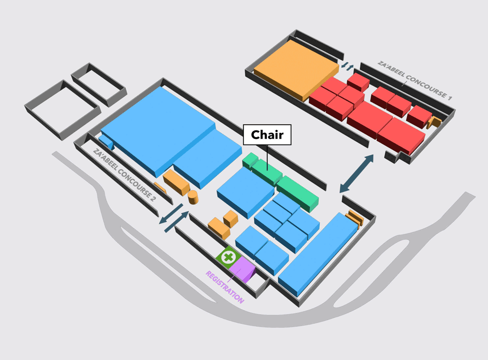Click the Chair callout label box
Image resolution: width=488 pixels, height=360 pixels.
click(x=267, y=134)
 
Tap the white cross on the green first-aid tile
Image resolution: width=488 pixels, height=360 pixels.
click(x=229, y=257)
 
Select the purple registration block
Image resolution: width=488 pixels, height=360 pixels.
click(x=242, y=270)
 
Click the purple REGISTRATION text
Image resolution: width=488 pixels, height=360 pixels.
click(x=224, y=287)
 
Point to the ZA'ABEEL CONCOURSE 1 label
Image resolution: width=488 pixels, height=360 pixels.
click(x=414, y=80)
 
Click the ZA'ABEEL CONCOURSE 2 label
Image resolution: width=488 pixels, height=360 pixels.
click(x=124, y=175)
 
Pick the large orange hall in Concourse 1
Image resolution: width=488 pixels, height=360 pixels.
click(x=296, y=70)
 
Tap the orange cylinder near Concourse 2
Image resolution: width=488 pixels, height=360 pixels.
click(x=193, y=197)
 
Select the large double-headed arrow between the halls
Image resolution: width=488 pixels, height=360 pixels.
click(x=356, y=173)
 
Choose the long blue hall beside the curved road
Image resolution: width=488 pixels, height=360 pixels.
click(x=318, y=254)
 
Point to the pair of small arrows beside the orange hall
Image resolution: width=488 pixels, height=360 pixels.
click(x=347, y=66)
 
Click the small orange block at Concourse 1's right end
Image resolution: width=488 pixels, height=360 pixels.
click(x=434, y=122)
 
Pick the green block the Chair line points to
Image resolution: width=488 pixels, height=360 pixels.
click(x=267, y=172)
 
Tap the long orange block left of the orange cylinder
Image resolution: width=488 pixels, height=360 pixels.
click(x=176, y=182)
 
